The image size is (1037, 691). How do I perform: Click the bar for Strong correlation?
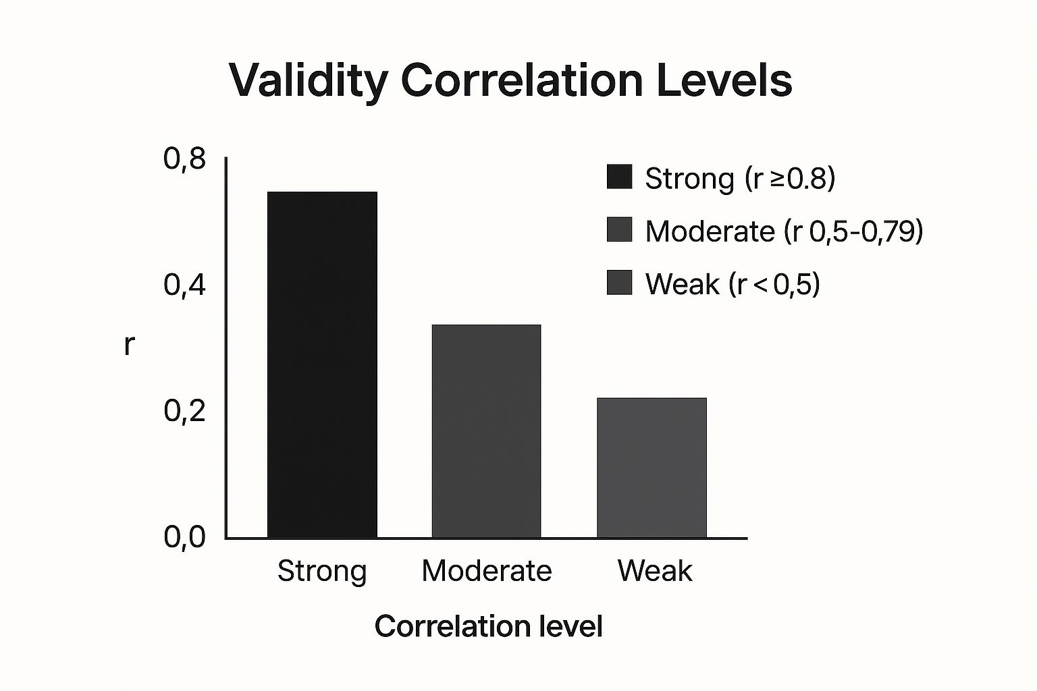(x=322, y=364)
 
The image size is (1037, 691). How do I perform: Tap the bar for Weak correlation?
(x=652, y=467)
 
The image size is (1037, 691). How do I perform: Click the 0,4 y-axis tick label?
(x=184, y=285)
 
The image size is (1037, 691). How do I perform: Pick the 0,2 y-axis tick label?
(x=184, y=411)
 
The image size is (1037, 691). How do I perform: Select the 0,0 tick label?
(x=184, y=537)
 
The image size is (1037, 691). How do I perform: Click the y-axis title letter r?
(x=129, y=345)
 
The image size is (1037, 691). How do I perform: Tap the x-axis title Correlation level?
(x=488, y=626)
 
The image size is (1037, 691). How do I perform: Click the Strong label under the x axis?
(x=322, y=571)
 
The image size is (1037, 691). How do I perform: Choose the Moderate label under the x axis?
(x=486, y=571)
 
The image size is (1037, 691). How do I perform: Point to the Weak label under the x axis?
(x=654, y=571)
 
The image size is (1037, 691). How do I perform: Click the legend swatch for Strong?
(x=619, y=177)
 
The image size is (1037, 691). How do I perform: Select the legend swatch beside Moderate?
(x=619, y=229)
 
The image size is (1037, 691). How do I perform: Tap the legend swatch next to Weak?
(x=619, y=283)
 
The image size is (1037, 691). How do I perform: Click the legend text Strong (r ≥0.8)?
(x=740, y=179)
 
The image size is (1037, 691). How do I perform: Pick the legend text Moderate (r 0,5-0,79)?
(x=784, y=231)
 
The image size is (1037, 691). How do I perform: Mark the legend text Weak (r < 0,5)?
(x=733, y=284)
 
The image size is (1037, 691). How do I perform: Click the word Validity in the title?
(x=308, y=81)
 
